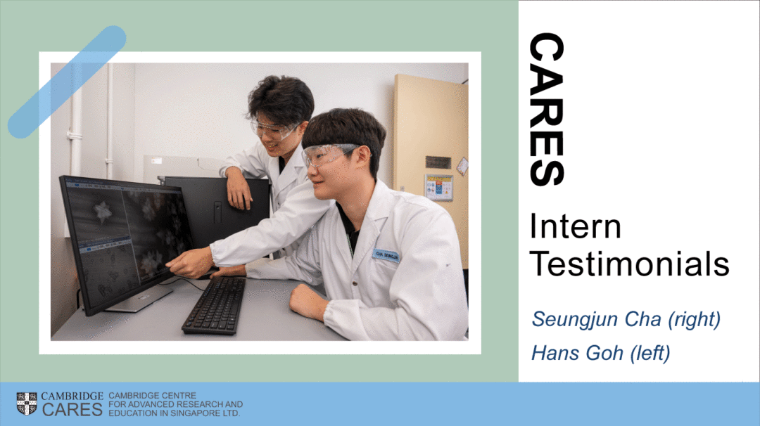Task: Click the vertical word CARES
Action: pos(547,110)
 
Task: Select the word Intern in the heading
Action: pos(576,226)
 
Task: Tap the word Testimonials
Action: pos(629,264)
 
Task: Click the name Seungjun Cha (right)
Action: pos(626,319)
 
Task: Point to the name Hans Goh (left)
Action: pos(600,354)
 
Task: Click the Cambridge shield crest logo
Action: pos(27,404)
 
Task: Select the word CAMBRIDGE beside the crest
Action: pos(72,396)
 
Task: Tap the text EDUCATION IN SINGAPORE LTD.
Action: pos(174,413)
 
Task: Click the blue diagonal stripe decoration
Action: pos(67,82)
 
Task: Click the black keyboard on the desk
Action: pos(215,305)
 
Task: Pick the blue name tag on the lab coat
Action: pos(386,255)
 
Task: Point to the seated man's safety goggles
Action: pos(328,155)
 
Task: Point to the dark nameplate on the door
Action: pos(438,162)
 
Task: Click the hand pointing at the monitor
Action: pos(190,263)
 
